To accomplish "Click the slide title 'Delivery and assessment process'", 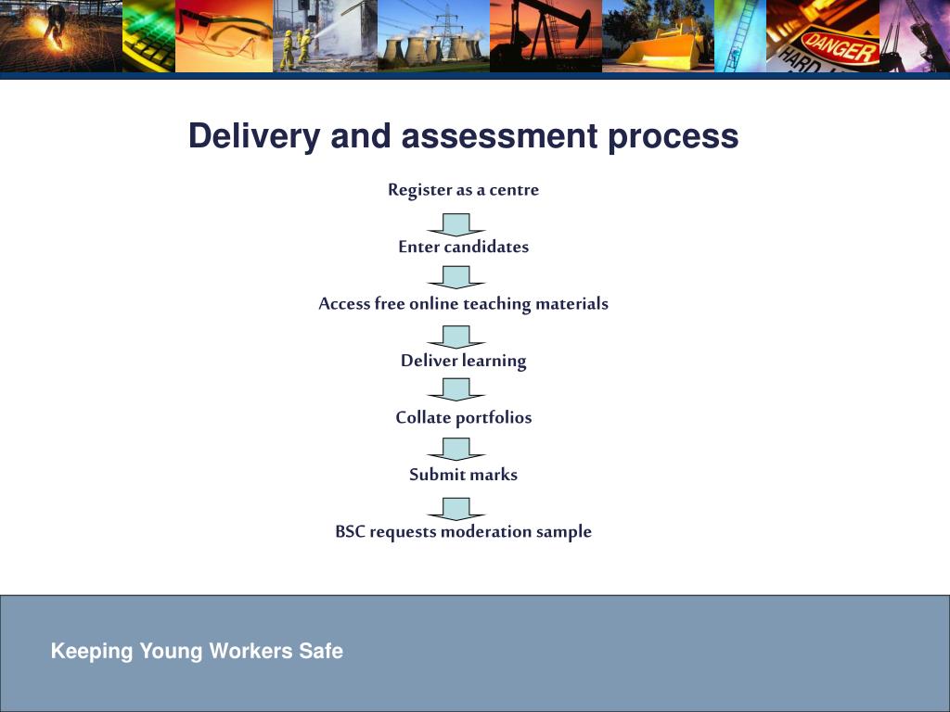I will pos(463,136).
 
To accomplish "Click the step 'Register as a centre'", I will pos(463,190).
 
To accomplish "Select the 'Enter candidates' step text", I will pos(463,247).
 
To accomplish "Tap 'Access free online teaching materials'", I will pos(463,304).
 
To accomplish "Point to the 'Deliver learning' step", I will pos(463,361).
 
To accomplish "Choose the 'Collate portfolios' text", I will pos(463,417).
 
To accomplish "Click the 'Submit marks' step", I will pos(463,475).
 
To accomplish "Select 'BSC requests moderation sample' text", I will pos(463,532).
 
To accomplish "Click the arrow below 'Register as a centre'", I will pos(456,224).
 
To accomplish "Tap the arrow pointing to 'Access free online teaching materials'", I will pos(456,276).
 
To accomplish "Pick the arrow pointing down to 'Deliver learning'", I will pos(456,337).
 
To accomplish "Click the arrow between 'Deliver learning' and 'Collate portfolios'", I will pos(456,388).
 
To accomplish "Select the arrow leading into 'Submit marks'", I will pos(456,448).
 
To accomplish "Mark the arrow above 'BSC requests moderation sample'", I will pos(456,508).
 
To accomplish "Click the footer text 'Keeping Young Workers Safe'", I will pos(197,651).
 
